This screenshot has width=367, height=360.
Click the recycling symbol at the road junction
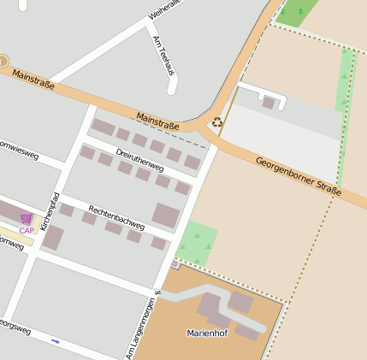tap(217, 121)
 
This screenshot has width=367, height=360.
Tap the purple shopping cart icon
tap(27, 218)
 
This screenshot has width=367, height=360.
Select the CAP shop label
tap(27, 230)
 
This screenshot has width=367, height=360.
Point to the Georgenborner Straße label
tap(299, 174)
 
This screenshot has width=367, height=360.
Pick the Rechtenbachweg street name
tap(116, 217)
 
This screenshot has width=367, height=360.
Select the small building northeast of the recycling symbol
tap(269, 103)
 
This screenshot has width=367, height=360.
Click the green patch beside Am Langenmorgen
tap(196, 244)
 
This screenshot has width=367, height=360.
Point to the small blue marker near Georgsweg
tap(56, 341)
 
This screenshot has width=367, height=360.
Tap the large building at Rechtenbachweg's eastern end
tap(166, 215)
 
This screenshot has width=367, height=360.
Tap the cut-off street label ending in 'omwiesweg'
tap(19, 149)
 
